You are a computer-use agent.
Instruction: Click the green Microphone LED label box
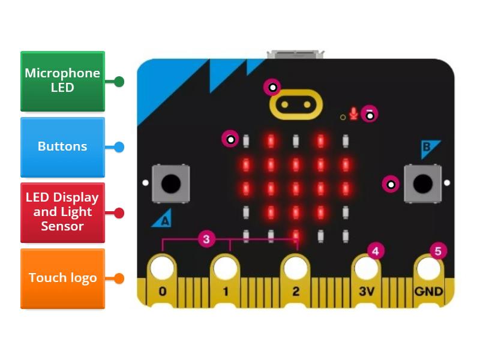62,81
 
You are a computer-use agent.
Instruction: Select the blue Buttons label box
62,146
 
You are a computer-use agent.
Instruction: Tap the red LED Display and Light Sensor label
62,212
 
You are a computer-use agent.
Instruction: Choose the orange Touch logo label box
62,278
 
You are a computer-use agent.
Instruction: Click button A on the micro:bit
171,183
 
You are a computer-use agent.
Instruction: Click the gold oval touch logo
296,104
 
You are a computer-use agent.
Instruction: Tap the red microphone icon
354,113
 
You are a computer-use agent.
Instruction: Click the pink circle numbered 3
206,239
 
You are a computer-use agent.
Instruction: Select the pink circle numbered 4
376,251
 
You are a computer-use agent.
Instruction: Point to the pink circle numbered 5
438,251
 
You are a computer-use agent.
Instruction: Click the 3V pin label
366,292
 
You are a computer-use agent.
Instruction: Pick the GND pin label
429,292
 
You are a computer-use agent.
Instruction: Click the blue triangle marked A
162,221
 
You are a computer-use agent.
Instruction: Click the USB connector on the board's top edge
296,55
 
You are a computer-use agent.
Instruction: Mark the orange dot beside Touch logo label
119,278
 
